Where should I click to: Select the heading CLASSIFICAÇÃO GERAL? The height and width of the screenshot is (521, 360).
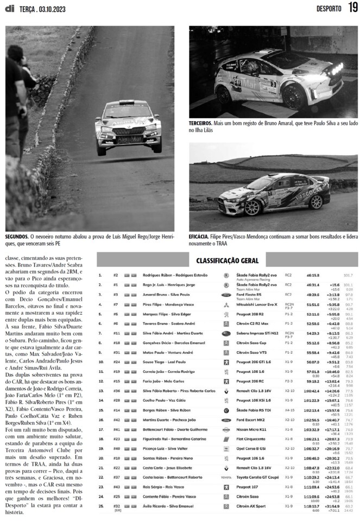(x=228, y=261)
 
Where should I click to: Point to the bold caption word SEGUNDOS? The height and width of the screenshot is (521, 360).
(x=17, y=237)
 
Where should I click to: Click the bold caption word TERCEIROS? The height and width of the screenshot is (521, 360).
(x=201, y=123)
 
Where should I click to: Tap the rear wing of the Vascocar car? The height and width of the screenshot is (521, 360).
(x=321, y=180)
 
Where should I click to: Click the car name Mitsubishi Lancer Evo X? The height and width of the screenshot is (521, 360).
(x=256, y=304)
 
